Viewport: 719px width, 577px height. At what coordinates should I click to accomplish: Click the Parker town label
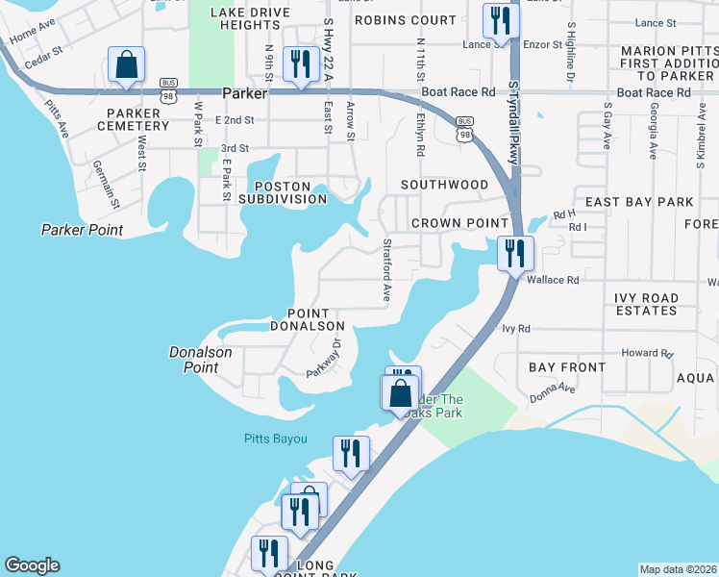pyautogui.click(x=243, y=94)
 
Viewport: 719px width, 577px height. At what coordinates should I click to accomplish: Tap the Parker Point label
pyautogui.click(x=83, y=230)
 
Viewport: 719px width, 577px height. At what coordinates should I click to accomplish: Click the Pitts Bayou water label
pyautogui.click(x=274, y=439)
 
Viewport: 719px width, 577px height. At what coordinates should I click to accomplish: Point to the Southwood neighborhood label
pyautogui.click(x=444, y=184)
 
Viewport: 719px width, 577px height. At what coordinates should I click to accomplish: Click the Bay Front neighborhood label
pyautogui.click(x=567, y=367)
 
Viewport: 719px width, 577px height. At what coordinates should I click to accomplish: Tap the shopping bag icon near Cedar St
pyautogui.click(x=126, y=64)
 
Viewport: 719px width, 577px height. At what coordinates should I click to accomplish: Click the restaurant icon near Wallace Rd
pyautogui.click(x=515, y=253)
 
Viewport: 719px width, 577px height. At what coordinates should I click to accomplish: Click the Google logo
pyautogui.click(x=32, y=565)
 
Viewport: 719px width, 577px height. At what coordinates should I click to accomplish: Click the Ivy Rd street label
pyautogui.click(x=516, y=329)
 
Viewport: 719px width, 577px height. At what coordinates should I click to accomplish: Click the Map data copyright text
pyautogui.click(x=678, y=569)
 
